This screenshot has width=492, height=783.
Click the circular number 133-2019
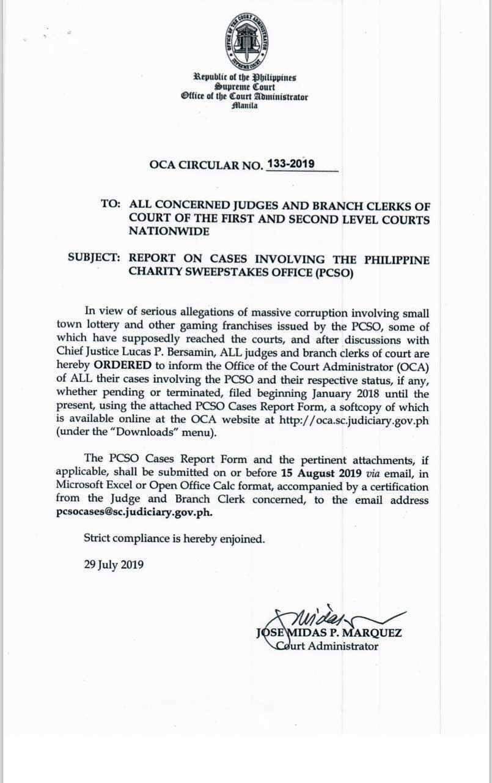coord(292,163)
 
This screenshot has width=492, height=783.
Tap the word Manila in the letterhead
coord(245,106)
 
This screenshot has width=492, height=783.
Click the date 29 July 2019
coord(114,565)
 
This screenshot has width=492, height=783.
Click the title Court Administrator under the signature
coord(327,646)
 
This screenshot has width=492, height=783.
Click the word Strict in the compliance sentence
coord(98,539)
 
